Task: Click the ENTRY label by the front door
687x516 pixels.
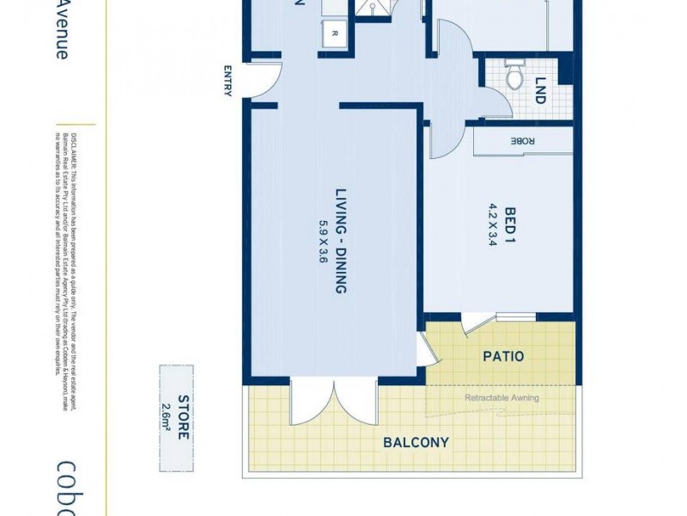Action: pyautogui.click(x=228, y=81)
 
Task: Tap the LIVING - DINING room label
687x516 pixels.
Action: pyautogui.click(x=341, y=241)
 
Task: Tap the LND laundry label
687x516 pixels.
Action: pyautogui.click(x=540, y=91)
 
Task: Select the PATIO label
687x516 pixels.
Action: pyautogui.click(x=503, y=355)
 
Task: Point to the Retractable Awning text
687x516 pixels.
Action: pyautogui.click(x=502, y=398)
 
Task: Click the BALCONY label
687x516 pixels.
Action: pyautogui.click(x=416, y=443)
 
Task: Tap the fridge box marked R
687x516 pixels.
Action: pyautogui.click(x=334, y=34)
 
